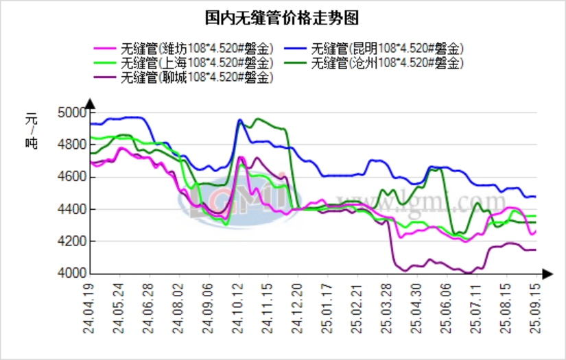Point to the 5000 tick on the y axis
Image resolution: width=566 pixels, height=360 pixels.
(x=72, y=112)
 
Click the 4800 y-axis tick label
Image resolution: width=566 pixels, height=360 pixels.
(x=72, y=145)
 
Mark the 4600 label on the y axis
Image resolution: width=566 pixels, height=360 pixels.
(x=72, y=177)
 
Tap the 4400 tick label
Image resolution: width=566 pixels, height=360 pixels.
(x=72, y=209)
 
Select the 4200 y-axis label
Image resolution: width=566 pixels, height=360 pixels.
(x=72, y=241)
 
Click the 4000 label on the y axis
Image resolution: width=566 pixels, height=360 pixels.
(x=72, y=274)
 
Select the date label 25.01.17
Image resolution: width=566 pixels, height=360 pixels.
(x=328, y=307)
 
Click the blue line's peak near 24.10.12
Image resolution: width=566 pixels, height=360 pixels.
(x=239, y=120)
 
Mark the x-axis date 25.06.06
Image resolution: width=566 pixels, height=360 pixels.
(x=447, y=307)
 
